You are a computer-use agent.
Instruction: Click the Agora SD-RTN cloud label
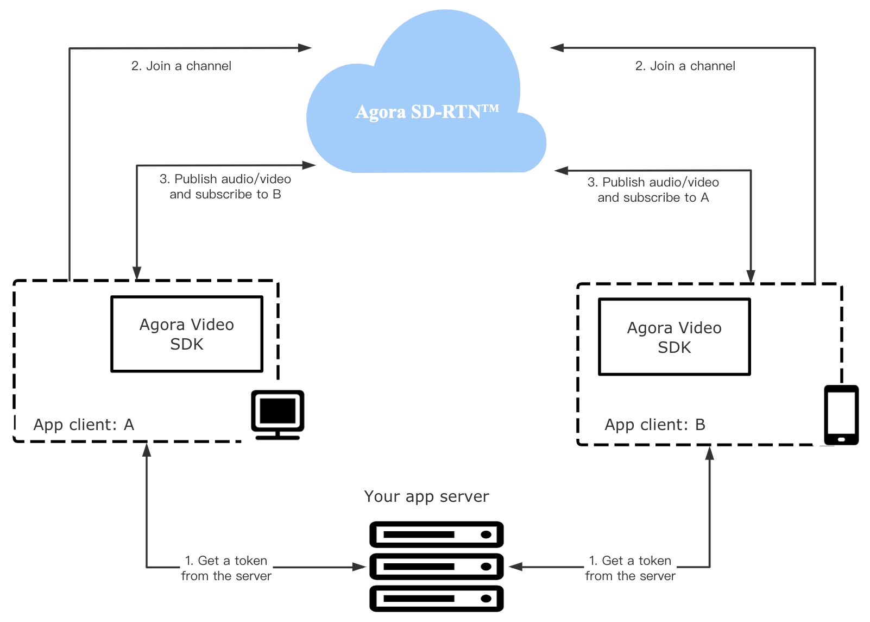(427, 112)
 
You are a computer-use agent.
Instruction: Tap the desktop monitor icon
(278, 415)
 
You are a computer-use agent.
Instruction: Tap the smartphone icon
(841, 415)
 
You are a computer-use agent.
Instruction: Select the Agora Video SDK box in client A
(187, 334)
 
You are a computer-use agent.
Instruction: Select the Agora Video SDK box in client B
(674, 337)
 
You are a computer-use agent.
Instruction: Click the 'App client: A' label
(84, 425)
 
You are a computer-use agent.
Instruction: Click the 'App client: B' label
(655, 425)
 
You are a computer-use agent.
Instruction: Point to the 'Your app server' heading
(426, 497)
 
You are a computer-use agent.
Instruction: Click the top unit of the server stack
(437, 534)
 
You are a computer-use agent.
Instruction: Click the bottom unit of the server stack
(437, 599)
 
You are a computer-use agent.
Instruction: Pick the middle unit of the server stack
(437, 567)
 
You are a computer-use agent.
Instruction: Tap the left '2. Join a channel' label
(181, 66)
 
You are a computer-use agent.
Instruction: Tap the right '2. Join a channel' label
(685, 66)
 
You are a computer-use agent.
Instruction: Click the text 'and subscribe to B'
(225, 195)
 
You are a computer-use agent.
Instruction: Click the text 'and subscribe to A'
(653, 197)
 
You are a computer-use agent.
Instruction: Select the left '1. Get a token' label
(226, 561)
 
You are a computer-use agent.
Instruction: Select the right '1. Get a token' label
(630, 561)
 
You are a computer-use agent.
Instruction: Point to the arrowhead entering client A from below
(147, 450)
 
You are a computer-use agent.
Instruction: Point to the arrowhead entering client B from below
(710, 453)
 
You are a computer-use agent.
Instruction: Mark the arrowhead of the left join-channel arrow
(305, 48)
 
